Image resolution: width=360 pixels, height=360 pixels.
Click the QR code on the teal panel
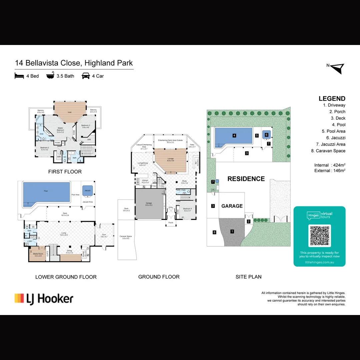coord(319,236)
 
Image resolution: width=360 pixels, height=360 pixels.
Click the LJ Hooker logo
coord(44,298)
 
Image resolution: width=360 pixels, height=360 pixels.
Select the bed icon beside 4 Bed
coord(19,76)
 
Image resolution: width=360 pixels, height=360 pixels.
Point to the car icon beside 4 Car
coord(86,76)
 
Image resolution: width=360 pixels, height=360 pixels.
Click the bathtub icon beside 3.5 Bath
coord(50,76)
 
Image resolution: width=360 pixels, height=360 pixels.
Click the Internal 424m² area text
coord(329,165)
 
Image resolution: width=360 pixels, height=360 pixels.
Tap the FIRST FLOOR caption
coord(65,172)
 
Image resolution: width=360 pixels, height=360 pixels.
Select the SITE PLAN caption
coord(248,277)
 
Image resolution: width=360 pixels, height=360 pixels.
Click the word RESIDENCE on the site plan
coord(246,179)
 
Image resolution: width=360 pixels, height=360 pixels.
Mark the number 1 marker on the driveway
coord(232,231)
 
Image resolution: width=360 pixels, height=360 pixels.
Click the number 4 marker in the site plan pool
coord(234,136)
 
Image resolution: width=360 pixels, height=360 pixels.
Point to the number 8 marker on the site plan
coord(214,232)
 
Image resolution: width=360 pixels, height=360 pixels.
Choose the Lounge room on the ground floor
coord(170,160)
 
